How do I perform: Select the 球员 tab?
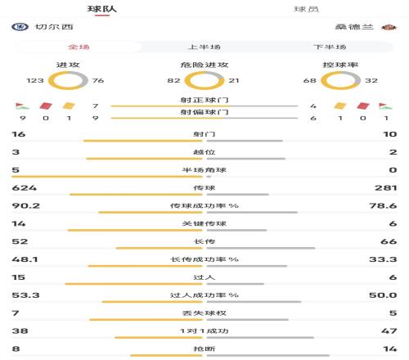[307, 9]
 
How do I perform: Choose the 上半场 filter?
[204, 47]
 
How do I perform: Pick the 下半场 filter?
[330, 47]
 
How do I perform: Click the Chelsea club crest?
[18, 27]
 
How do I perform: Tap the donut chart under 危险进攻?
[204, 81]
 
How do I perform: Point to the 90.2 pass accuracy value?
[20, 205]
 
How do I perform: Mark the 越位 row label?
[204, 152]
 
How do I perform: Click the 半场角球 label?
[204, 170]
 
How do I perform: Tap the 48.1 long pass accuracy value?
[20, 259]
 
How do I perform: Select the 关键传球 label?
[204, 223]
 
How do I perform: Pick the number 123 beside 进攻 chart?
[35, 80]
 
